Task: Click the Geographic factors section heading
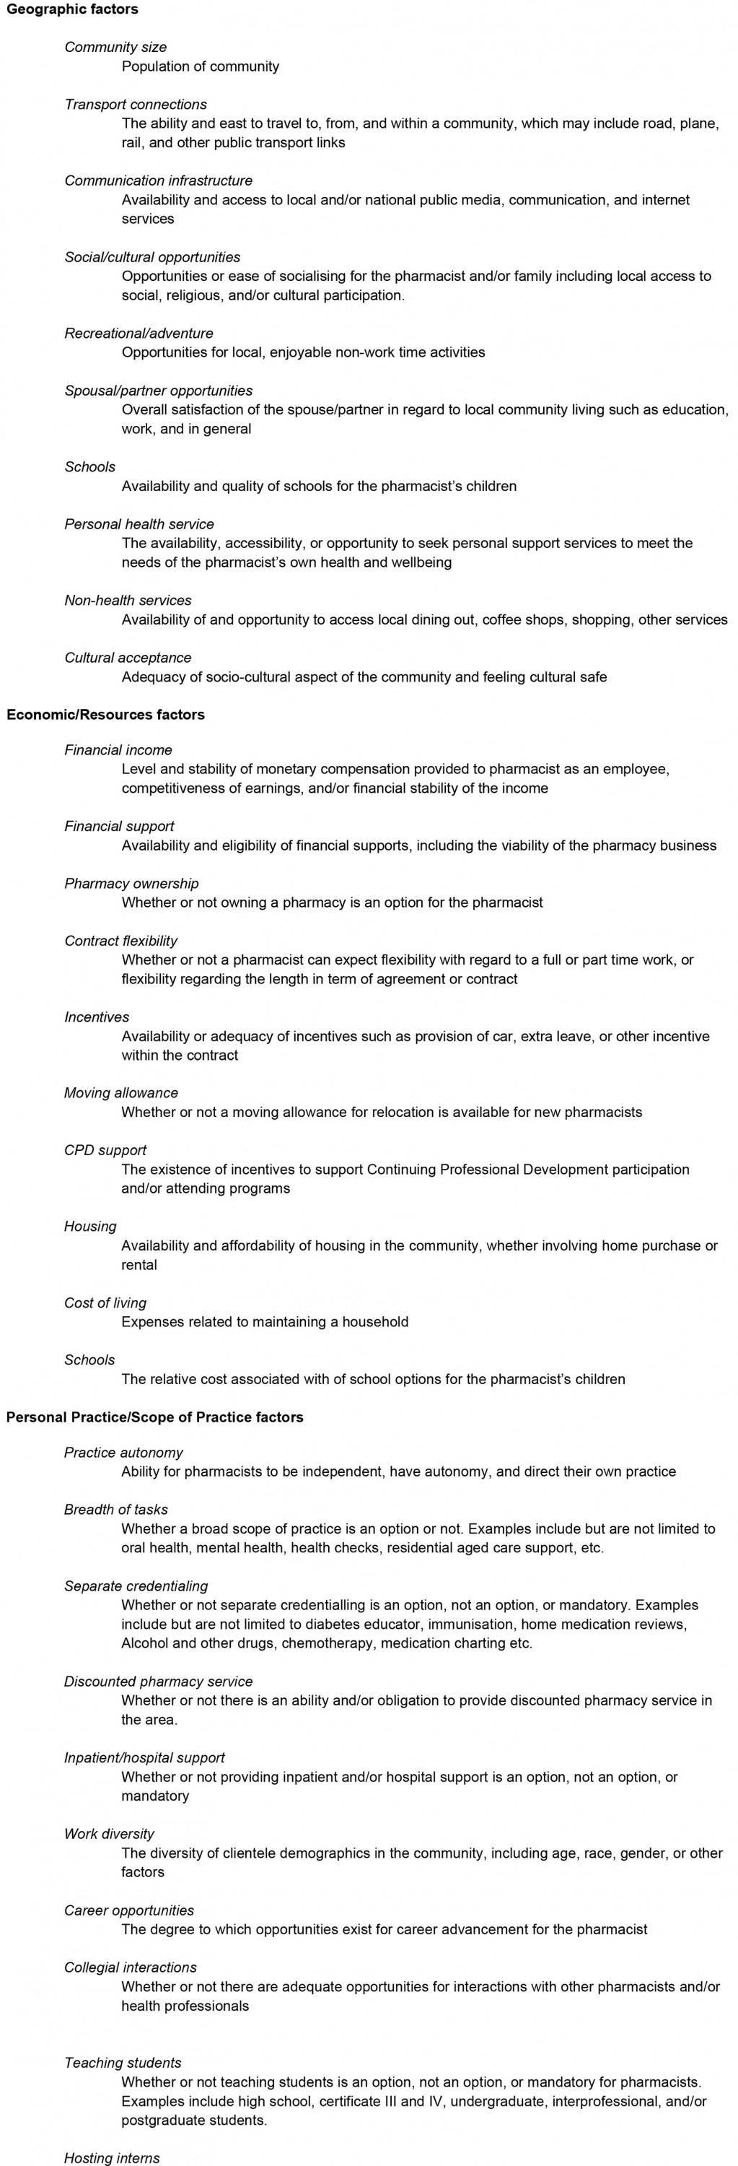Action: pyautogui.click(x=72, y=9)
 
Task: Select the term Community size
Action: pyautogui.click(x=115, y=47)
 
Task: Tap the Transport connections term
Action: pyautogui.click(x=136, y=104)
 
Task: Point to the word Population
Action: pyautogui.click(x=157, y=66)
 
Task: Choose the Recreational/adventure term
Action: pyautogui.click(x=139, y=333)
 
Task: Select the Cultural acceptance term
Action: pyautogui.click(x=128, y=658)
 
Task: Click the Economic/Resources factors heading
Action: pyautogui.click(x=105, y=715)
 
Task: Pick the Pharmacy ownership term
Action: pyautogui.click(x=131, y=883)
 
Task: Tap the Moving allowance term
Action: pyautogui.click(x=121, y=1092)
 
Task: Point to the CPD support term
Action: pyautogui.click(x=105, y=1149)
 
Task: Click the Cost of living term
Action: pyautogui.click(x=105, y=1302)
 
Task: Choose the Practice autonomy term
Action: pyautogui.click(x=123, y=1452)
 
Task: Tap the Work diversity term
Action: pyautogui.click(x=109, y=1833)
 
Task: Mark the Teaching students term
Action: pyautogui.click(x=123, y=2063)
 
